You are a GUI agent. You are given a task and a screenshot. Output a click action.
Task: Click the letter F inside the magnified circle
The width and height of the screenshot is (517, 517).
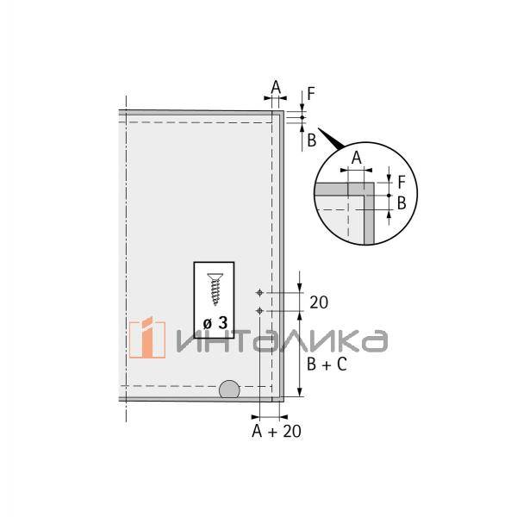pos(401,182)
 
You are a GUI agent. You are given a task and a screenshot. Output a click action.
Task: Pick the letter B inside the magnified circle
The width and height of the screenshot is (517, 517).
pos(401,202)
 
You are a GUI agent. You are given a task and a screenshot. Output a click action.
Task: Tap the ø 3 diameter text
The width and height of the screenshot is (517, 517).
pos(214,322)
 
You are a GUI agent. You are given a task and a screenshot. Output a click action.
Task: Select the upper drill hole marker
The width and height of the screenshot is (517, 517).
pos(259,293)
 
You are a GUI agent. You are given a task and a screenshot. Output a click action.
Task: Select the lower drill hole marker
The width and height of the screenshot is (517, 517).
pos(259,310)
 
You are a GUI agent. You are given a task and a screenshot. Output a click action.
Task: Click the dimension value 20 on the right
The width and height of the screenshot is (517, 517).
pos(318,302)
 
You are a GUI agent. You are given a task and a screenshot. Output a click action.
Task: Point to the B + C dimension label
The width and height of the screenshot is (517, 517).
pos(327,364)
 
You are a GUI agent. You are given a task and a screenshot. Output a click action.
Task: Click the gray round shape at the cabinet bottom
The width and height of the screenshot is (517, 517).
pos(229,389)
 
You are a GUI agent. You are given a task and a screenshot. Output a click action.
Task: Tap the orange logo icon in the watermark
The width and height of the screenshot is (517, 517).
pos(147,340)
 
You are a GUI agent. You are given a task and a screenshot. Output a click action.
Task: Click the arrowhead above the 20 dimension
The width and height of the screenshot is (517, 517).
pos(299,287)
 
